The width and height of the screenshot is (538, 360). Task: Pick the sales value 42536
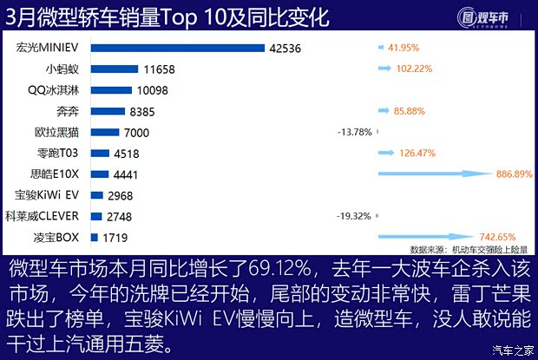pos(285,49)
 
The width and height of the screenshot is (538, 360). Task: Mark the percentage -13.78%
pos(354,133)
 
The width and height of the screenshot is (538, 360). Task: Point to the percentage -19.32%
pos(354,216)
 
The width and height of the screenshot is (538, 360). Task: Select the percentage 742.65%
pos(497,237)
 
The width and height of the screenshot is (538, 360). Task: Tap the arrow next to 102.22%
pos(386,69)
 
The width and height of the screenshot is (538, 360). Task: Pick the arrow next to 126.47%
pos(388,153)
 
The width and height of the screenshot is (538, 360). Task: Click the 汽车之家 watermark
pos(512,350)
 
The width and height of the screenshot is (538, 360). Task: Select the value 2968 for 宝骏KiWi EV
pos(121,195)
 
